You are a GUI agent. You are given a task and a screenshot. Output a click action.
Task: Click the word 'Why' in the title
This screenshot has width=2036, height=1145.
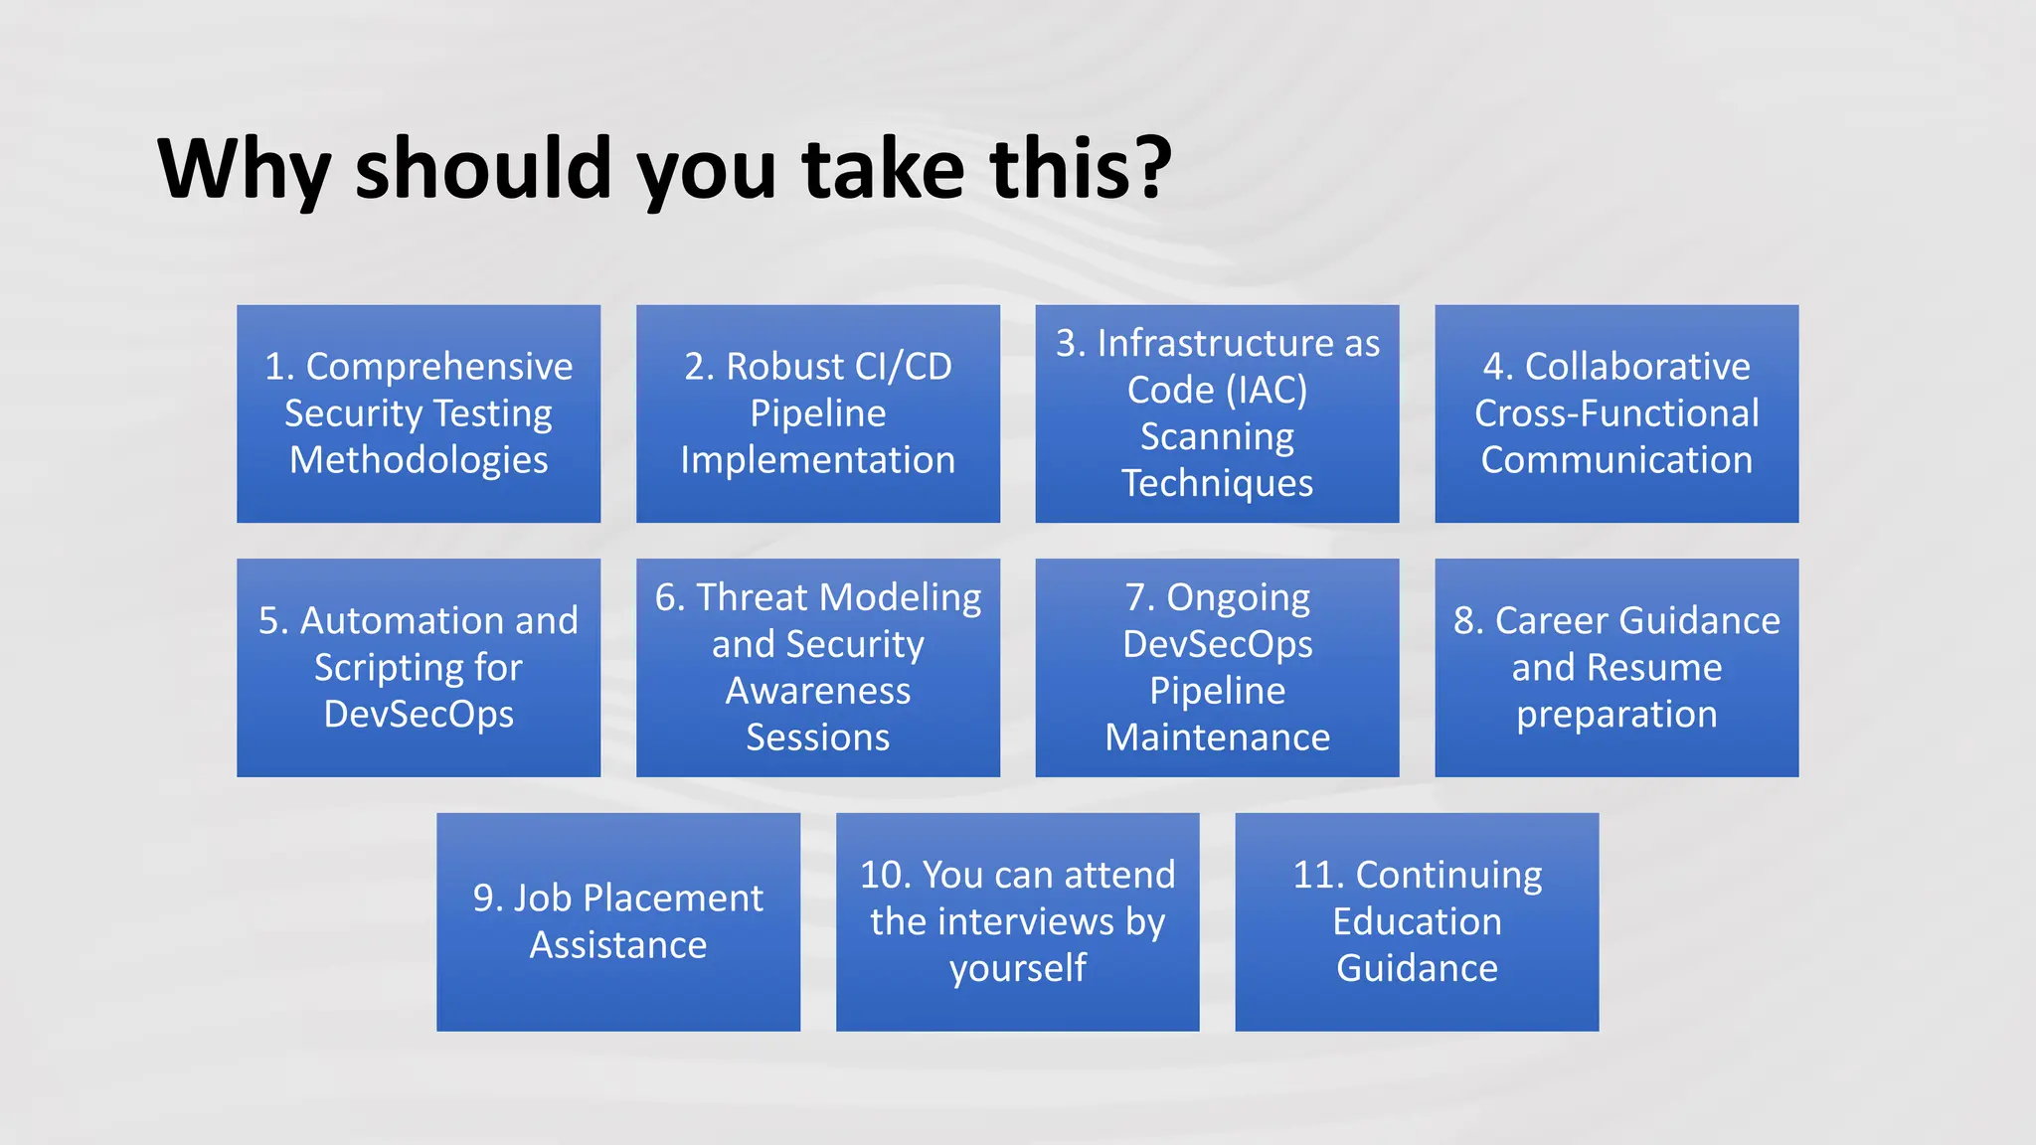coord(243,169)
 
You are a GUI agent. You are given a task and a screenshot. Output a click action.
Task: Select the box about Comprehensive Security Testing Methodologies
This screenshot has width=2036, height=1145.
coord(419,413)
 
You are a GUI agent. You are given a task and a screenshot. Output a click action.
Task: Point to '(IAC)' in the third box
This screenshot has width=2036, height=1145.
coord(1267,390)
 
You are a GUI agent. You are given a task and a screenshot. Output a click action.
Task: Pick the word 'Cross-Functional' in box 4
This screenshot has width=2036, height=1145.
coord(1616,413)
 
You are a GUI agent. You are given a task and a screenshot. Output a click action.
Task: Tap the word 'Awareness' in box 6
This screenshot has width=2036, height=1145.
coord(817,691)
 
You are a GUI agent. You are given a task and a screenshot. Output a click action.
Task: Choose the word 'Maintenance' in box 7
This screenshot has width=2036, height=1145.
coord(1217,737)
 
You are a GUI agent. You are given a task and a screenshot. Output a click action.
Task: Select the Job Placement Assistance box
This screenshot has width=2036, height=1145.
coord(618,921)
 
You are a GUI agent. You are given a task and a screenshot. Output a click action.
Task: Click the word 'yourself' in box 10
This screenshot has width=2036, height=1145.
coord(1017,968)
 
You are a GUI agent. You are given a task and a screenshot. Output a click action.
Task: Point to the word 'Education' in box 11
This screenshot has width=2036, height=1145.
coord(1417,921)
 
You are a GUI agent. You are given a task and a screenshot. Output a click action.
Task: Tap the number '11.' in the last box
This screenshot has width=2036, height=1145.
coord(1318,875)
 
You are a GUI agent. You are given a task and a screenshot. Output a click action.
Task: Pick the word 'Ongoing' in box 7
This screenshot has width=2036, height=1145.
coord(1238,597)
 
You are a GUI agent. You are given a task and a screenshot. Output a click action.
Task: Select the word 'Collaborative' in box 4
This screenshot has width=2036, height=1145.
coord(1637,367)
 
